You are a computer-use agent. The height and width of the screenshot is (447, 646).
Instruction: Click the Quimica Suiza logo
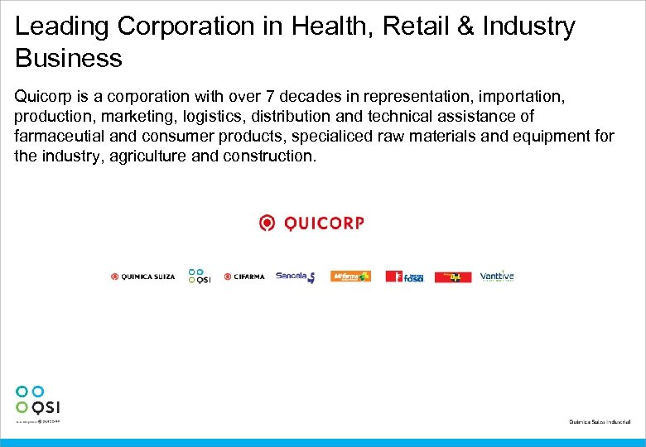point(143,276)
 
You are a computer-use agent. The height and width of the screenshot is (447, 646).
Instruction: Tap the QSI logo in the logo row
point(199,276)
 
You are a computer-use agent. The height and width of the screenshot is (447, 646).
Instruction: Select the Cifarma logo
point(244,276)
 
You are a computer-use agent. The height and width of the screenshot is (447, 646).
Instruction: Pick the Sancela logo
point(296,276)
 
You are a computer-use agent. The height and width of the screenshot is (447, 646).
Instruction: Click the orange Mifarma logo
point(350,276)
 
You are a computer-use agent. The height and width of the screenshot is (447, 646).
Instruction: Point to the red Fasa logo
point(405,276)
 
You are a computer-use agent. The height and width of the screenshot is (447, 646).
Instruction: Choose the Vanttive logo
point(497,276)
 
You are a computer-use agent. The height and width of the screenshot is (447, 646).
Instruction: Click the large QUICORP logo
point(311,223)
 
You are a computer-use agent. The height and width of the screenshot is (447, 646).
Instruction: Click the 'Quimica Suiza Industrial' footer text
point(600,422)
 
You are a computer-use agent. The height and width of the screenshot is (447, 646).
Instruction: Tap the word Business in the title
point(69,59)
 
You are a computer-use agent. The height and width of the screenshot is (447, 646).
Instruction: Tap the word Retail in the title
point(421,26)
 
